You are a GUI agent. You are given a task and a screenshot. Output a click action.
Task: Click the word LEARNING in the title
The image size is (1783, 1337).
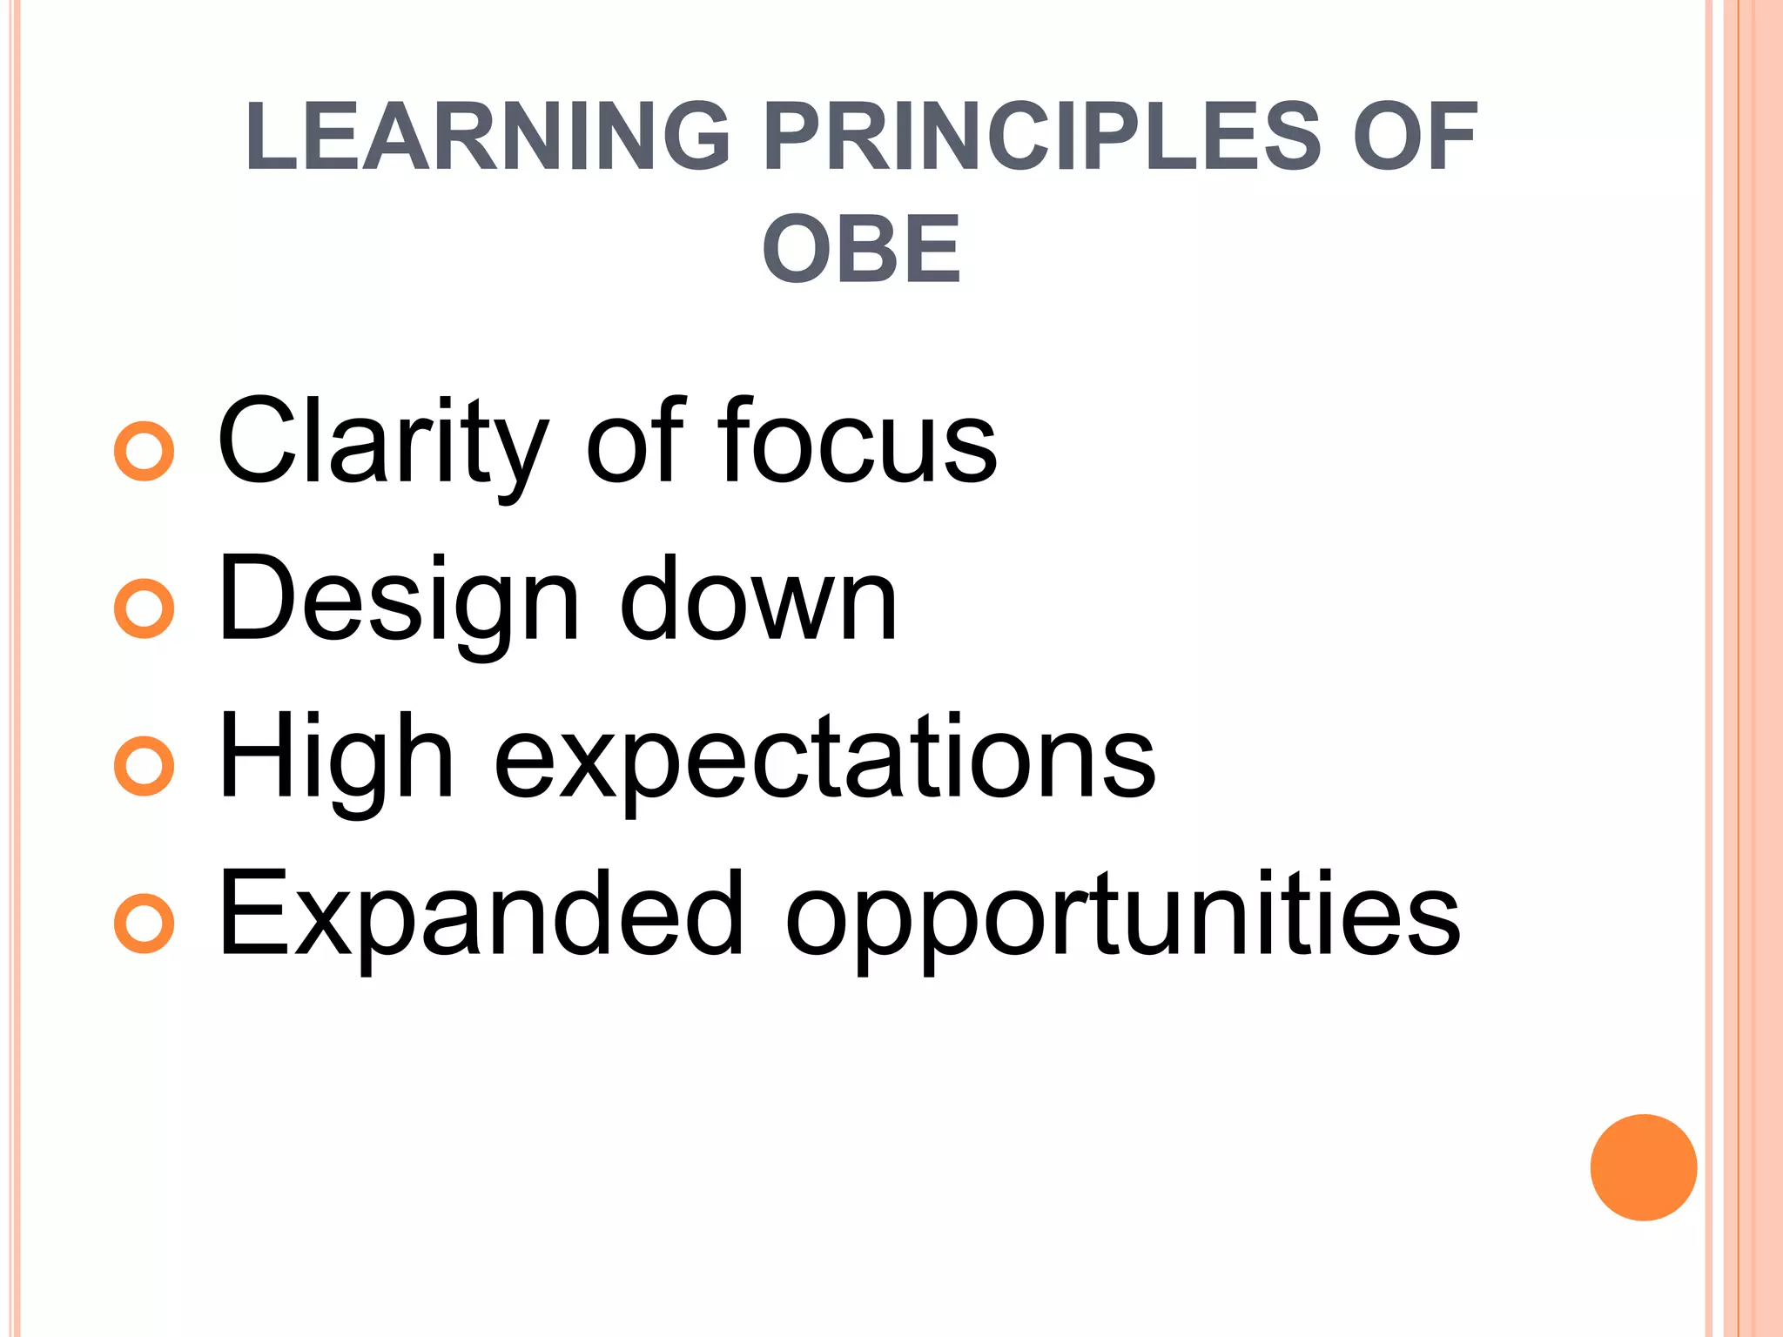[x=487, y=137]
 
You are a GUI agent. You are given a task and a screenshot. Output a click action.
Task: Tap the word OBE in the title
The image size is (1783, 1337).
[x=861, y=250]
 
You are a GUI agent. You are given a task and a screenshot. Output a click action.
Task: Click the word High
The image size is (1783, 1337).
[x=336, y=757]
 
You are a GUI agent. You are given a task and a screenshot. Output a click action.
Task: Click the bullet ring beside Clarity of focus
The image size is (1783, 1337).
[x=145, y=451]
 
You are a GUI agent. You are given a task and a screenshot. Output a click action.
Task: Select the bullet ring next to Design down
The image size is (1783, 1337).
[x=145, y=608]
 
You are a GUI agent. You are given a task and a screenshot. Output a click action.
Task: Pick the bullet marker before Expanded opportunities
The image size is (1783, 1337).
[x=145, y=923]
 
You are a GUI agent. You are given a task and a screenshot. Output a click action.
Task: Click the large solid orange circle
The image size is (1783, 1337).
[x=1643, y=1167]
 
